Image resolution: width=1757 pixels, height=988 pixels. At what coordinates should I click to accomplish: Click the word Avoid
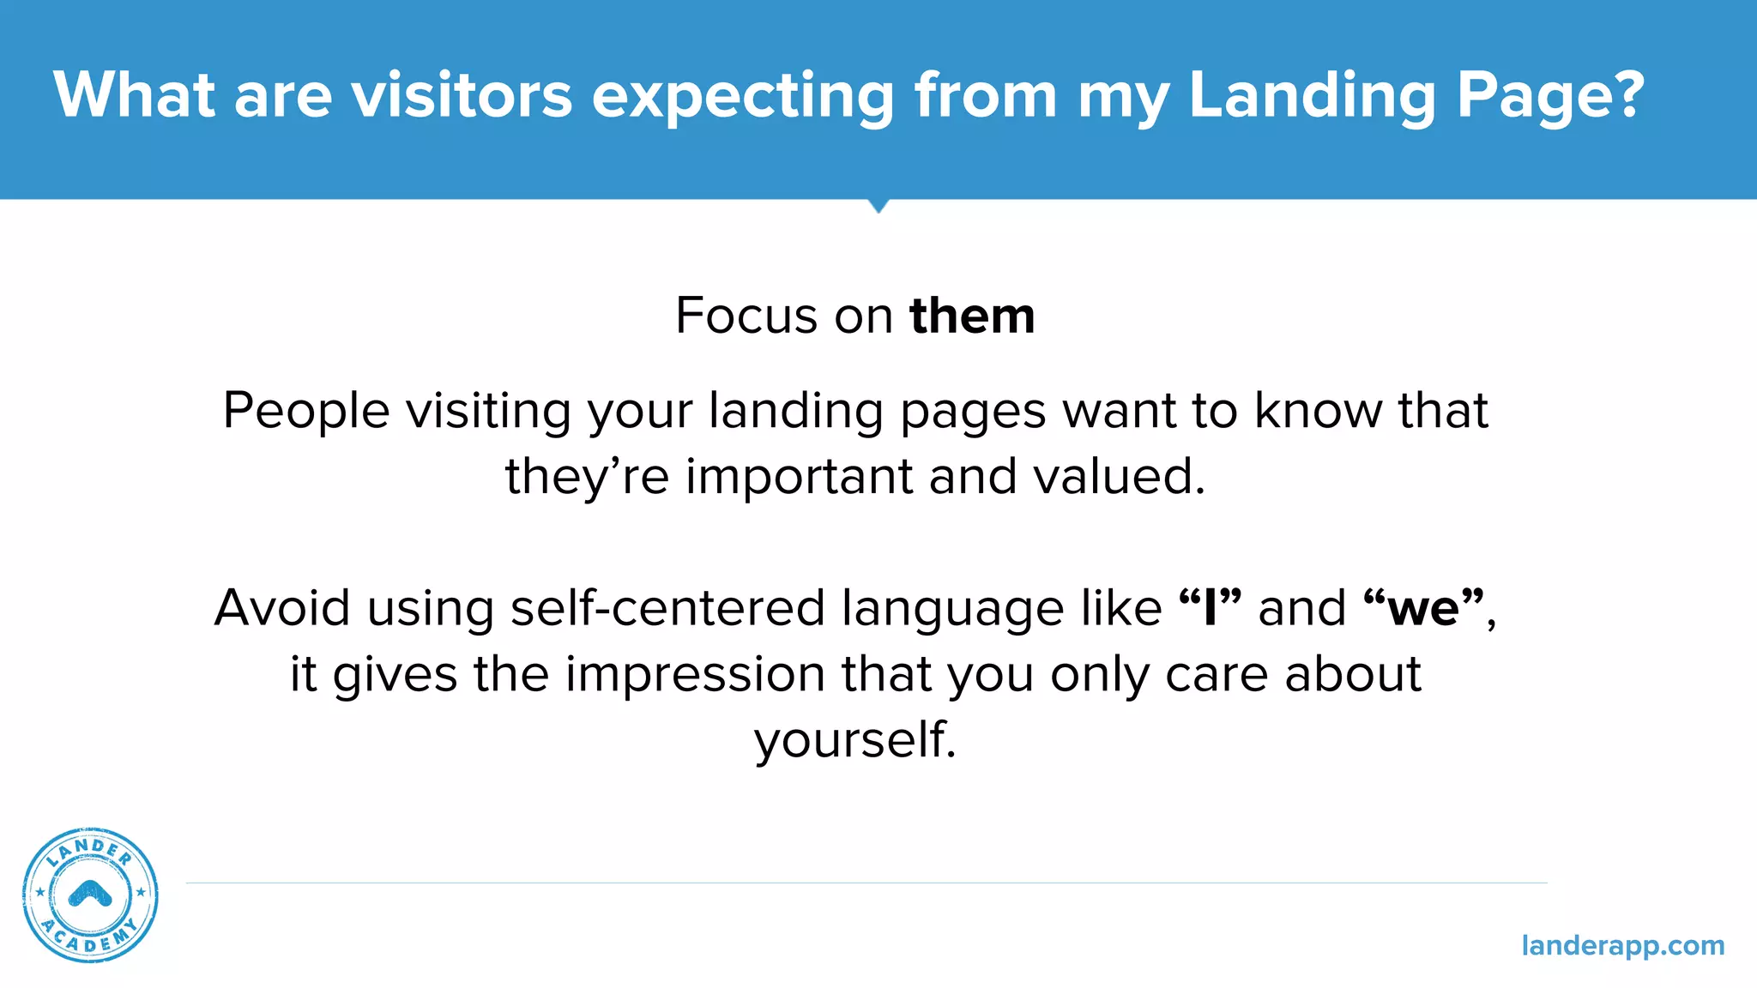pos(282,608)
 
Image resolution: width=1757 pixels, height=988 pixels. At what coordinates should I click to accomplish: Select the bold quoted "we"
pos(1423,608)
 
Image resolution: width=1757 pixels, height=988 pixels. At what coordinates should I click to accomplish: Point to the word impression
pos(695,674)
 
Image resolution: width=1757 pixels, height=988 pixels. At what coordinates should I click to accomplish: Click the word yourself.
pos(854,739)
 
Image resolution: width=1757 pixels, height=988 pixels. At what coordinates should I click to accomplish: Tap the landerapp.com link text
pos(1622,945)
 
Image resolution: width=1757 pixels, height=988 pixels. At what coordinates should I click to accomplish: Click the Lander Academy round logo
pos(90,895)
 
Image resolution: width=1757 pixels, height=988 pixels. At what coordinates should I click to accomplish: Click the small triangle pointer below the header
pos(878,206)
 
